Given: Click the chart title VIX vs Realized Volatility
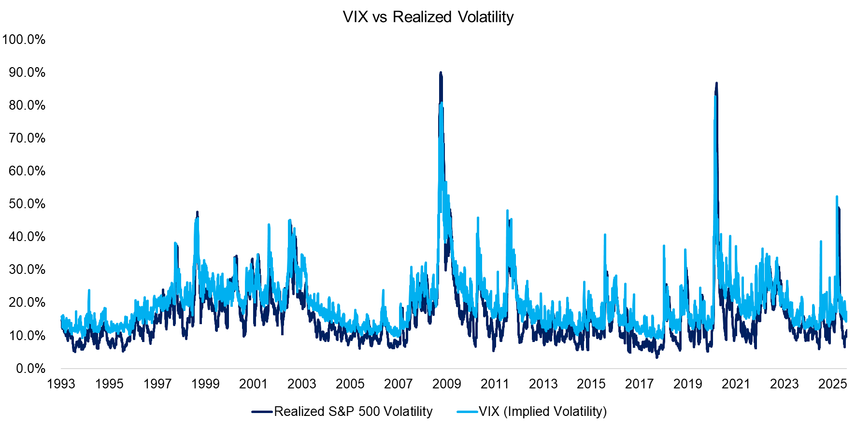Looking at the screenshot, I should coord(428,17).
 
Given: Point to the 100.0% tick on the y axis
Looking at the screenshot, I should coord(24,40).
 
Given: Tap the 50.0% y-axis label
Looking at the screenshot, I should coord(27,204).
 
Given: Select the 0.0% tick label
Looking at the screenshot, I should coord(30,369).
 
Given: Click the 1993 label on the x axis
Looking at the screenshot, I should coord(61,384).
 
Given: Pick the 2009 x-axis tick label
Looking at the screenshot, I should coord(446,384).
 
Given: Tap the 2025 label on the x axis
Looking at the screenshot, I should coord(832,384).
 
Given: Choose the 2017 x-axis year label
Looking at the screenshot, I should coord(639,384).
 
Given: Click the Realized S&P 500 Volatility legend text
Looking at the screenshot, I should coord(353,412).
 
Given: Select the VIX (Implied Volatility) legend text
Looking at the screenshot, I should coord(542,412).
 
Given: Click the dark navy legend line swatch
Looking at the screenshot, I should coord(262,412).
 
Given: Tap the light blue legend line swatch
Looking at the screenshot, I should coord(467,412).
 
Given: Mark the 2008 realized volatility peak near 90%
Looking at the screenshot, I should coord(440,73).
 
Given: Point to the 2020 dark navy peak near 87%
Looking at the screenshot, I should coord(716,84).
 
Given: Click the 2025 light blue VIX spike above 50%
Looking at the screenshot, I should coord(837,197).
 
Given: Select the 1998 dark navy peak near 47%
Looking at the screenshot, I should coord(197,212).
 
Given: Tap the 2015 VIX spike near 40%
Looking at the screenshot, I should coord(605,235).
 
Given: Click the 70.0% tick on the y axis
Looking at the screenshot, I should coord(27,138).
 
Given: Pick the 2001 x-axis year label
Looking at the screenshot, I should coord(254,384).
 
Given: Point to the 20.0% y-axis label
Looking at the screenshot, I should coord(27,302).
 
